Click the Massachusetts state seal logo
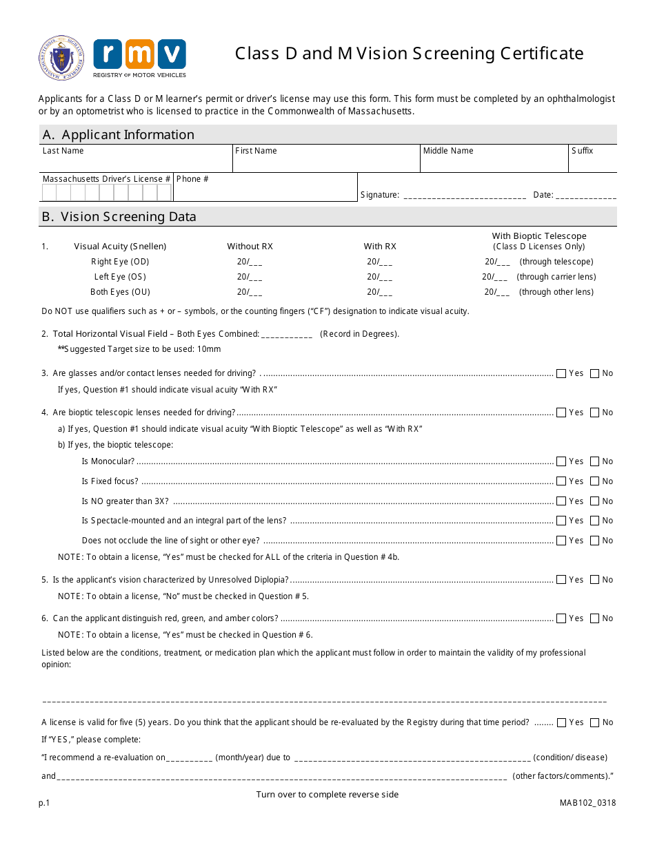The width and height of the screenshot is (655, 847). [x=61, y=59]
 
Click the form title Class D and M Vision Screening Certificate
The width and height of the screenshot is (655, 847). [x=409, y=54]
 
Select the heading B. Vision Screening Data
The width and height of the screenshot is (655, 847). [x=119, y=217]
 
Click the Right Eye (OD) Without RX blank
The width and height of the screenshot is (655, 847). [x=254, y=262]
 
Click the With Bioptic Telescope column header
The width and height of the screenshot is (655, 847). [x=538, y=241]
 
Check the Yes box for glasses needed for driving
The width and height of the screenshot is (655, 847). [x=561, y=374]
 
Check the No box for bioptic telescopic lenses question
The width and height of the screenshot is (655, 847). [x=595, y=413]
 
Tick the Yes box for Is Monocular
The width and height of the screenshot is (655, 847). [x=561, y=462]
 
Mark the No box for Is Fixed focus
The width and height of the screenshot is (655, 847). [x=595, y=482]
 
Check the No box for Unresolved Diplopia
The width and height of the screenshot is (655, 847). [x=595, y=581]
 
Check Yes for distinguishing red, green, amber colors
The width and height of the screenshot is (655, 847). [x=561, y=619]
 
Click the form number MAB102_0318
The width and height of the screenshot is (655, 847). [x=588, y=803]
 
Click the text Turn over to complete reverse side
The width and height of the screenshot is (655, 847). [x=327, y=795]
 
